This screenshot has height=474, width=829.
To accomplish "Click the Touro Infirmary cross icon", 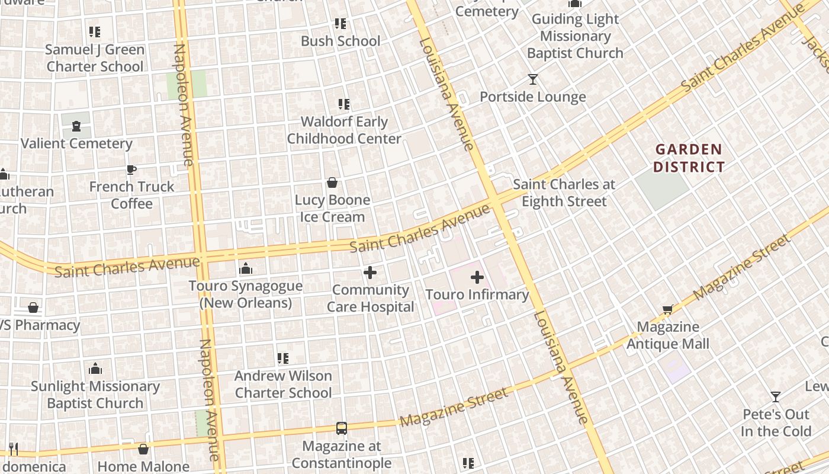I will point(477,277).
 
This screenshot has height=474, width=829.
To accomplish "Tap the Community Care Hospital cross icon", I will point(370,273).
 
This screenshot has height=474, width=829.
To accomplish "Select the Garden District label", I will point(689,158).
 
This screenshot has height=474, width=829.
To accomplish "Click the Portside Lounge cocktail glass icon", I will point(533,79).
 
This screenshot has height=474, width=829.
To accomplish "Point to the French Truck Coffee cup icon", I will point(131,170).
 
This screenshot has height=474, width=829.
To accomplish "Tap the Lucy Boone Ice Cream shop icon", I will point(332,183).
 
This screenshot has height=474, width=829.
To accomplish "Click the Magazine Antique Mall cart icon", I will point(668,309).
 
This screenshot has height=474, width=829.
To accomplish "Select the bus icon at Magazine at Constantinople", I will point(341,428).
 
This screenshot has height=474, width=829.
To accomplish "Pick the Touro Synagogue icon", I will point(245,269).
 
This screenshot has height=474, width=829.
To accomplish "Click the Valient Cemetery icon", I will point(76,126).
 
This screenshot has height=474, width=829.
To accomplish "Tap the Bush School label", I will point(340,41).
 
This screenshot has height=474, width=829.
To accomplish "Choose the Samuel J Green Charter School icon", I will point(95,32).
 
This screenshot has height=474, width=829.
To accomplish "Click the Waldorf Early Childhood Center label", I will point(344,130).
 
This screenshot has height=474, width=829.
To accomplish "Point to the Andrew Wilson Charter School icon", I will point(283,358).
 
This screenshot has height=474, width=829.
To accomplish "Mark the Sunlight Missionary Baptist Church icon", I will point(95,369).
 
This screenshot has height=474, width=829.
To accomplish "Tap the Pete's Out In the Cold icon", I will point(775,396).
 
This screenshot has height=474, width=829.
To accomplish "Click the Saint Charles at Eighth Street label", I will point(564,193).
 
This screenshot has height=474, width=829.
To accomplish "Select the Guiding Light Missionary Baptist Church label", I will point(575,36).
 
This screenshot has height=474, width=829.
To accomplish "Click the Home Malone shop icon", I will point(143,449).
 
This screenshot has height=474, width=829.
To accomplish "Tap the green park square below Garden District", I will point(663,190).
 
